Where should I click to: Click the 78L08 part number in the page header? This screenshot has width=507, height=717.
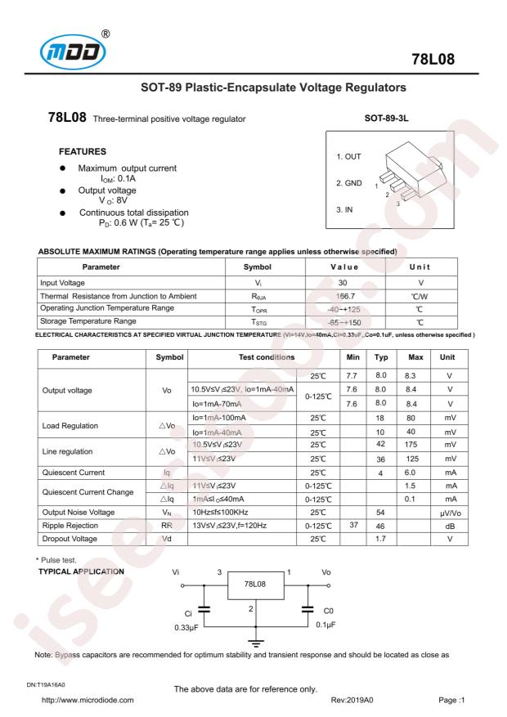[454, 60]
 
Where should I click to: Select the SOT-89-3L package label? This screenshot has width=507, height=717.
[389, 119]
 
